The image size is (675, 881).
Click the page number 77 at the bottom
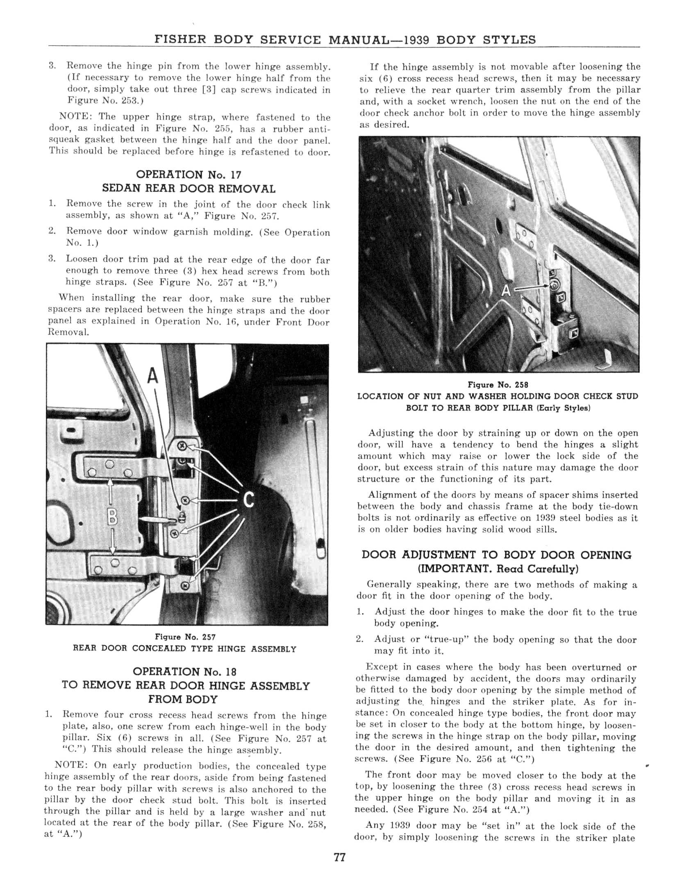tap(340, 857)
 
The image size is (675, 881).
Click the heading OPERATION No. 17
tap(188, 175)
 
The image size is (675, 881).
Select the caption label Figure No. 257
tap(185, 637)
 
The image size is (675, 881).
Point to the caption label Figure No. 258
tap(498, 385)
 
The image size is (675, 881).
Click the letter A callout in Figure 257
tap(152, 376)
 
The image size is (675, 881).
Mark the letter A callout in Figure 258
tap(506, 290)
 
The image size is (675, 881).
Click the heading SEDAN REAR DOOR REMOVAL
tap(189, 189)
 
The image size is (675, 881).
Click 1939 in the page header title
tap(416, 40)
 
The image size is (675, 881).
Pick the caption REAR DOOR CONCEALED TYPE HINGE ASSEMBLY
tap(184, 649)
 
